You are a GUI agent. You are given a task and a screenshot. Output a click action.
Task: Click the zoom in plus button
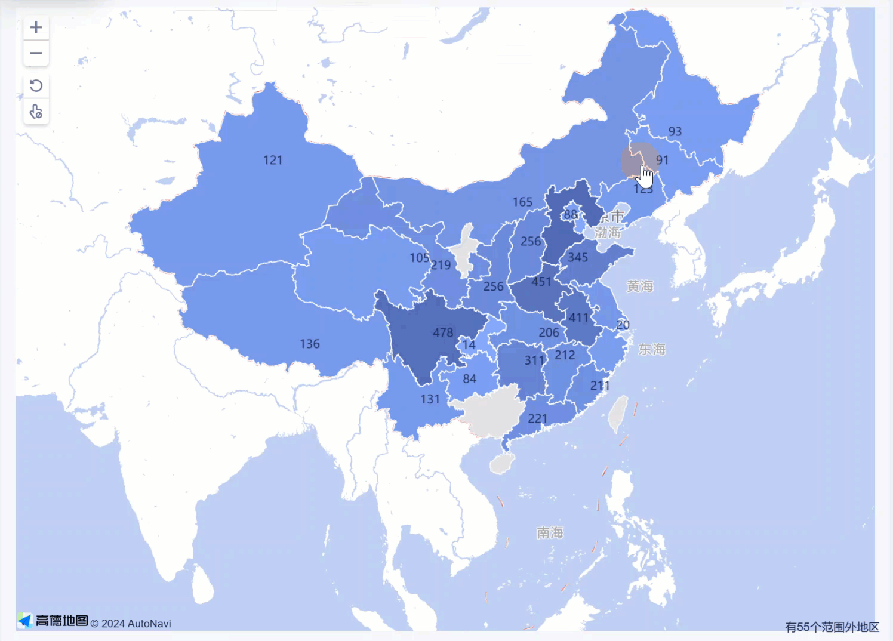coord(36,27)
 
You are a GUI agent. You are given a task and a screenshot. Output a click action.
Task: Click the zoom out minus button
coord(36,53)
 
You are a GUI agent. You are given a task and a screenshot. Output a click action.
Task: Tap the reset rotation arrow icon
coord(36,85)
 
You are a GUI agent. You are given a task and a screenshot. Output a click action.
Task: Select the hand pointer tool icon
coord(36,112)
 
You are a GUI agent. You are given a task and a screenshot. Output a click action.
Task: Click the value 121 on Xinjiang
coord(273,160)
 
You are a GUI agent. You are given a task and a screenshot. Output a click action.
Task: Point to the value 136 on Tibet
coord(309,344)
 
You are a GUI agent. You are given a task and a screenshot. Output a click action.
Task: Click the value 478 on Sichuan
coord(443,332)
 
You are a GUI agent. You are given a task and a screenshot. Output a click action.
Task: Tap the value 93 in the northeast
coord(675,131)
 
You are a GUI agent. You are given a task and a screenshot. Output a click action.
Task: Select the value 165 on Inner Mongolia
coord(522,202)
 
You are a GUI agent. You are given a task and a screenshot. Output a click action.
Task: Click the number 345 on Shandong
coord(577,257)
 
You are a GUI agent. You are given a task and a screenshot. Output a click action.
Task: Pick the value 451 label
coord(541,282)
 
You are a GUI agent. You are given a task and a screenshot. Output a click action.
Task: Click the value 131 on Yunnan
coord(430,399)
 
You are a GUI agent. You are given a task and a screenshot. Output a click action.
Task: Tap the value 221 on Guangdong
coord(537,418)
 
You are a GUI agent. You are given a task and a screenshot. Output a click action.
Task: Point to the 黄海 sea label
coord(639,286)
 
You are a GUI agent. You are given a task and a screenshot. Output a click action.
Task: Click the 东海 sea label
coord(651,349)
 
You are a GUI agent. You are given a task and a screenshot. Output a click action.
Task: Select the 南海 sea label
coord(549,532)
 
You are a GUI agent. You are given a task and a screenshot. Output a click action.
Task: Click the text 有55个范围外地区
coord(832,627)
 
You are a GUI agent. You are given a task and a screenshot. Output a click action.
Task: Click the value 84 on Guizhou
coord(469,378)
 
